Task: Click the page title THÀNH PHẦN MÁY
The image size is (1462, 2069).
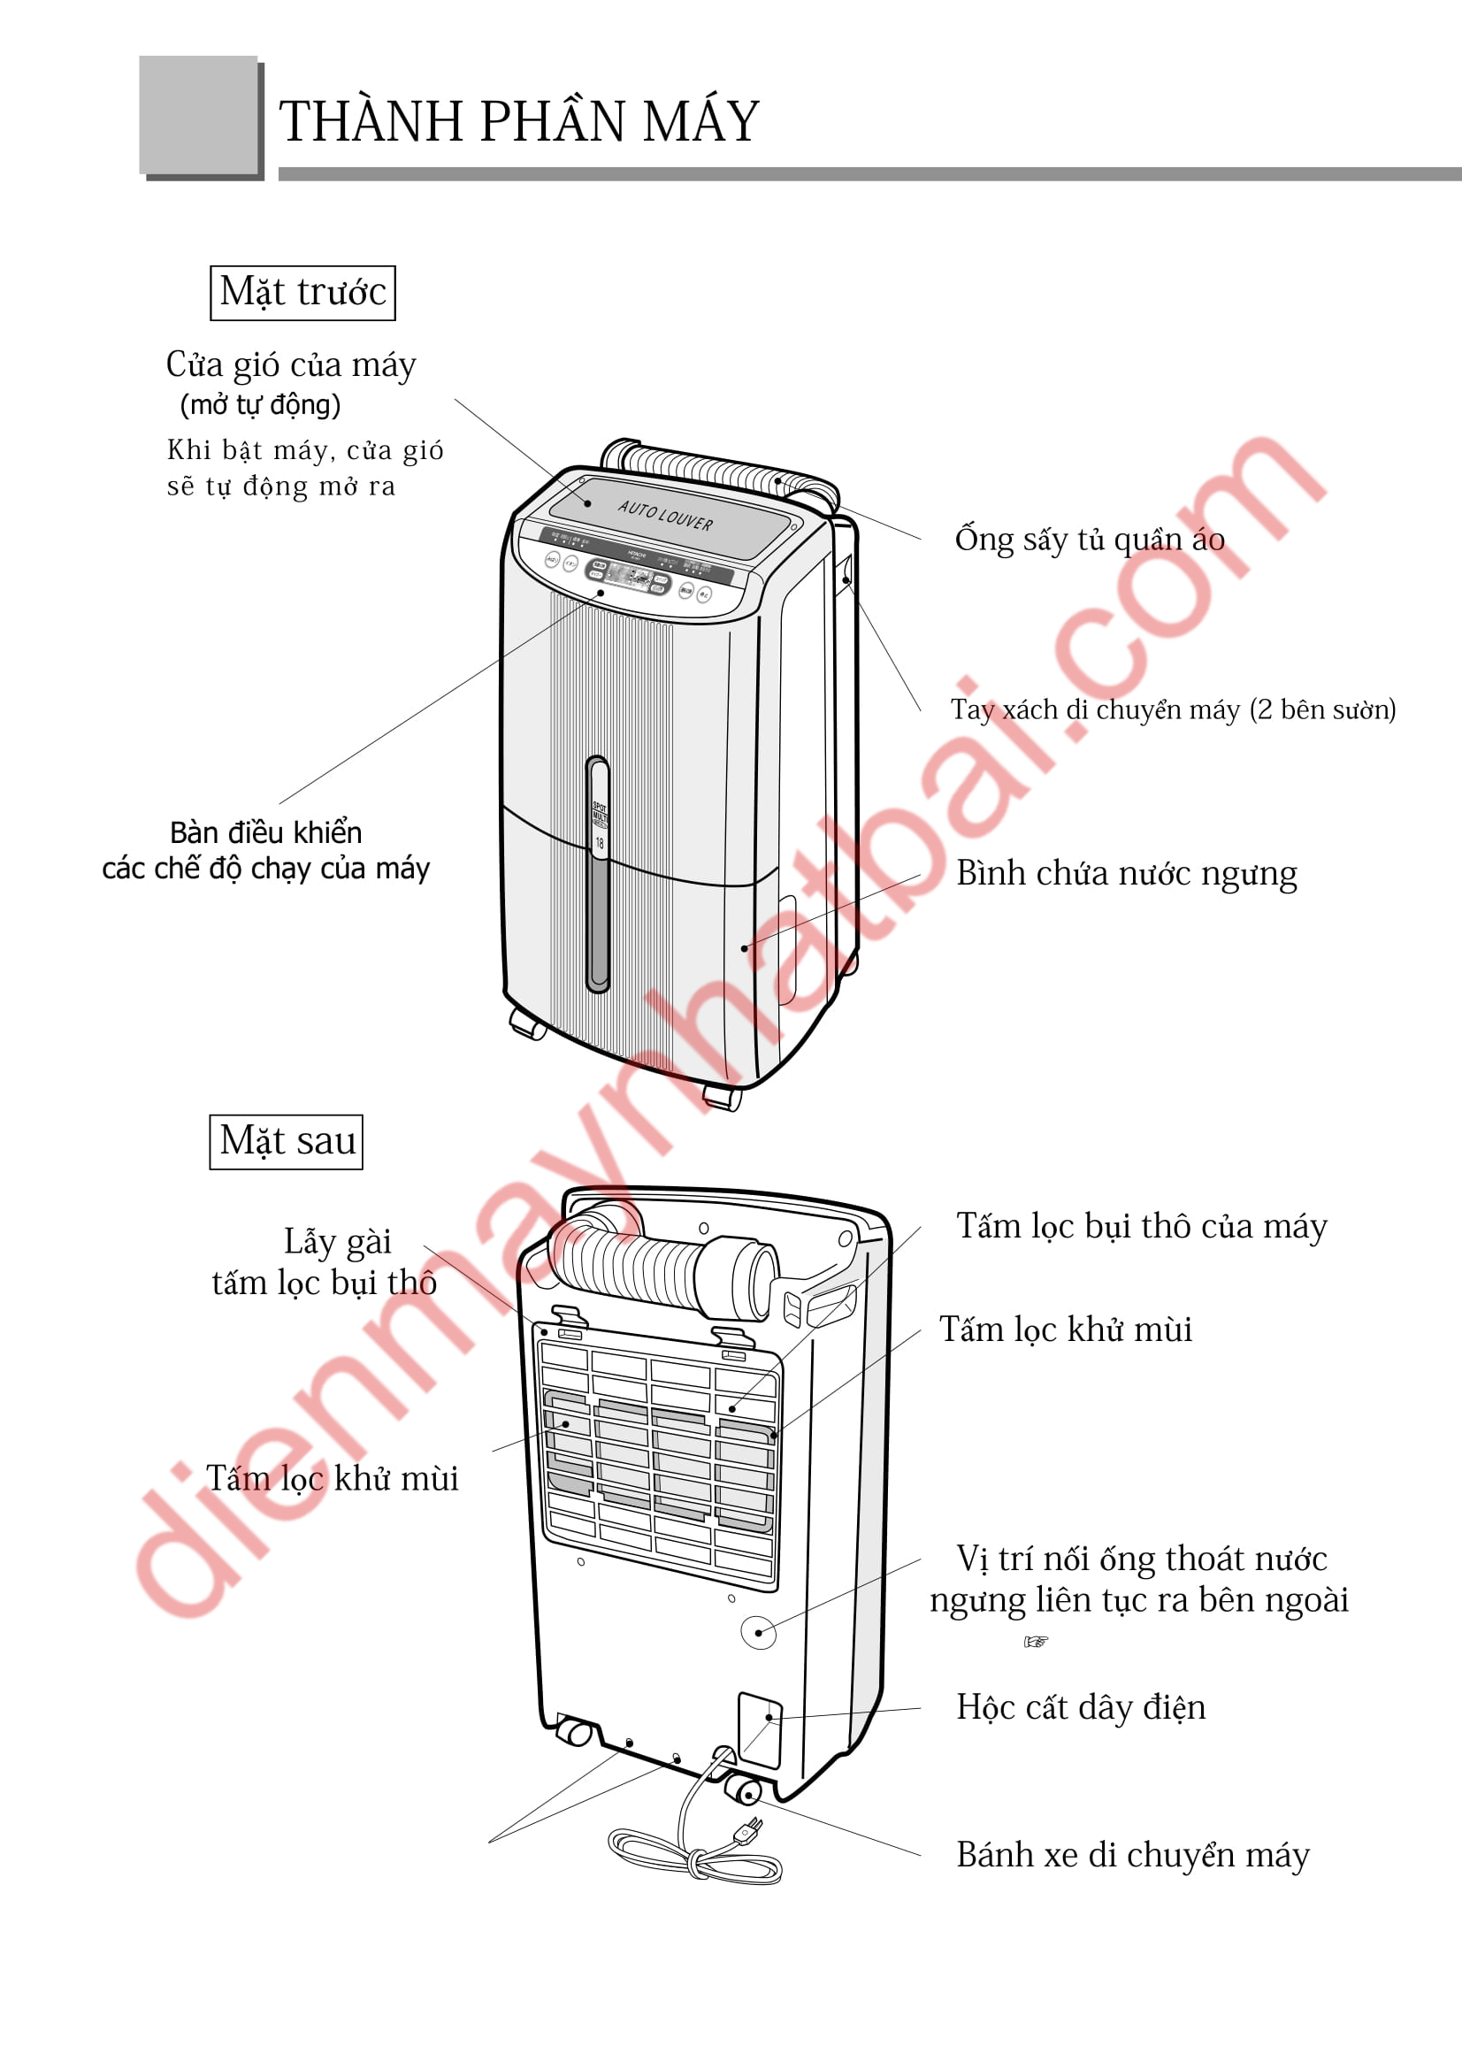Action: (x=519, y=122)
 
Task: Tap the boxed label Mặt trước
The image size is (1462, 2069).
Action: (x=302, y=292)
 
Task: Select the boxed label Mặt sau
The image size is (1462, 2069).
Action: (x=287, y=1142)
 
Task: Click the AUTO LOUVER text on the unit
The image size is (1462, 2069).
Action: (x=665, y=516)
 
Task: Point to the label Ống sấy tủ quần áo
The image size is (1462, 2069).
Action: (x=1089, y=539)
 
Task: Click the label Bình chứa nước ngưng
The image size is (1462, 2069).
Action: (x=1126, y=873)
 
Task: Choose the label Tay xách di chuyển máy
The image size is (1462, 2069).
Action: (x=1172, y=709)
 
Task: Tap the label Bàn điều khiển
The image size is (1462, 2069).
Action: (x=265, y=831)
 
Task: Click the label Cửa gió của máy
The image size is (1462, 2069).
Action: (x=291, y=365)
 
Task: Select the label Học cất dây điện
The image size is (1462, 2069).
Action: (x=1080, y=1706)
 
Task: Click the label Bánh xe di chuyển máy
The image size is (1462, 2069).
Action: (x=1132, y=1855)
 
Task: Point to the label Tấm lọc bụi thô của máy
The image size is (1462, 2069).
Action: (x=1141, y=1226)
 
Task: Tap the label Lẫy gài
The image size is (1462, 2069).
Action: (x=337, y=1242)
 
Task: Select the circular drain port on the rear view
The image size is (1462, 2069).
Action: (x=758, y=1632)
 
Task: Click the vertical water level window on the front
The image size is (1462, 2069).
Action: (x=597, y=874)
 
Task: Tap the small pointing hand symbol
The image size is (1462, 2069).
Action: (x=1036, y=1642)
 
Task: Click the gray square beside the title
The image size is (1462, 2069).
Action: (x=198, y=114)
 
